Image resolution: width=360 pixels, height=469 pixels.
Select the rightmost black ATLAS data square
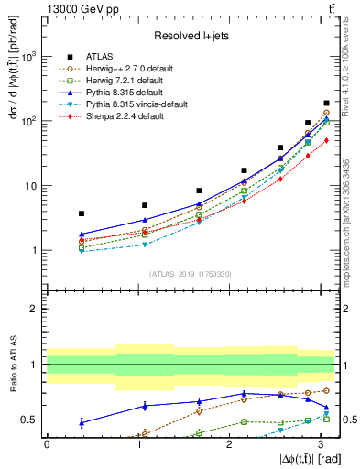point(326,104)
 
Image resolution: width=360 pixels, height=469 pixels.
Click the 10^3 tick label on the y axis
point(29,57)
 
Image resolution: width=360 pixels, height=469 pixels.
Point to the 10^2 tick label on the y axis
point(29,121)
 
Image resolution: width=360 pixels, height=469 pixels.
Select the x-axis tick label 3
point(318,443)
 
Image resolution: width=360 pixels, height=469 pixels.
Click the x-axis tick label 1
point(137,443)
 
